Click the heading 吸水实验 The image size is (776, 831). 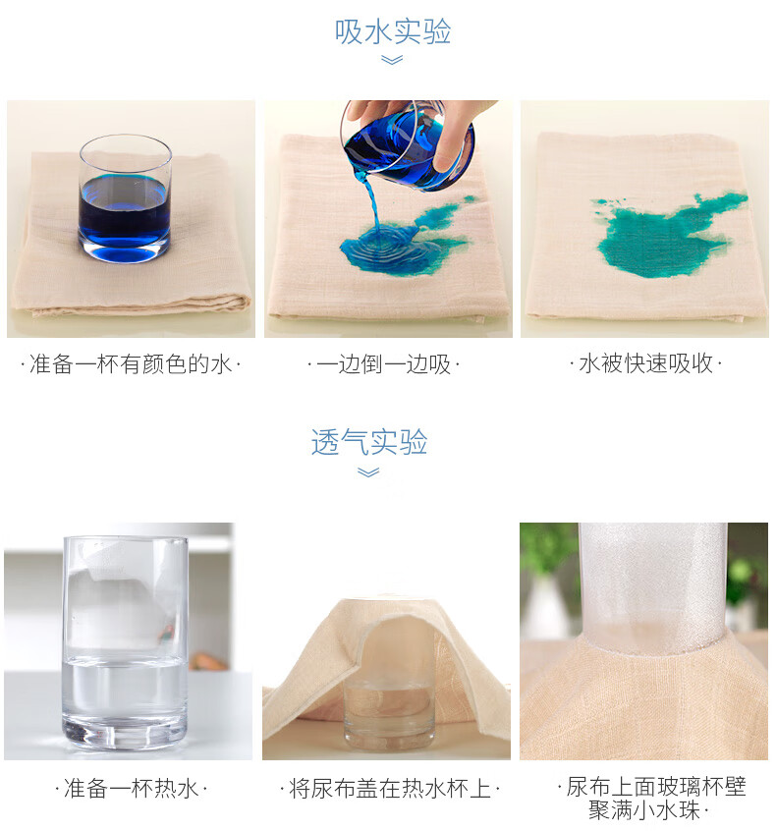[393, 31]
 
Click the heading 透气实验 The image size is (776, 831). [369, 441]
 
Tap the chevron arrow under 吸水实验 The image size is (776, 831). [392, 61]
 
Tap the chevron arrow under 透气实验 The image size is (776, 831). [368, 472]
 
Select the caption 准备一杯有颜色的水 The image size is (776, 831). [131, 364]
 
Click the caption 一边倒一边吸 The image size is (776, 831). [383, 364]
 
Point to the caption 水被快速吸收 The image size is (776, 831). [645, 363]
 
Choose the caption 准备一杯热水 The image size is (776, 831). [131, 789]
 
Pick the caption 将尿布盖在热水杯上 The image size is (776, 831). [390, 789]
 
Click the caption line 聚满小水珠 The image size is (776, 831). [647, 810]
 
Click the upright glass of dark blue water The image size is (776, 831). [125, 198]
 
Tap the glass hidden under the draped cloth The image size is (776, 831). [390, 705]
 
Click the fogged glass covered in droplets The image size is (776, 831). [652, 588]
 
